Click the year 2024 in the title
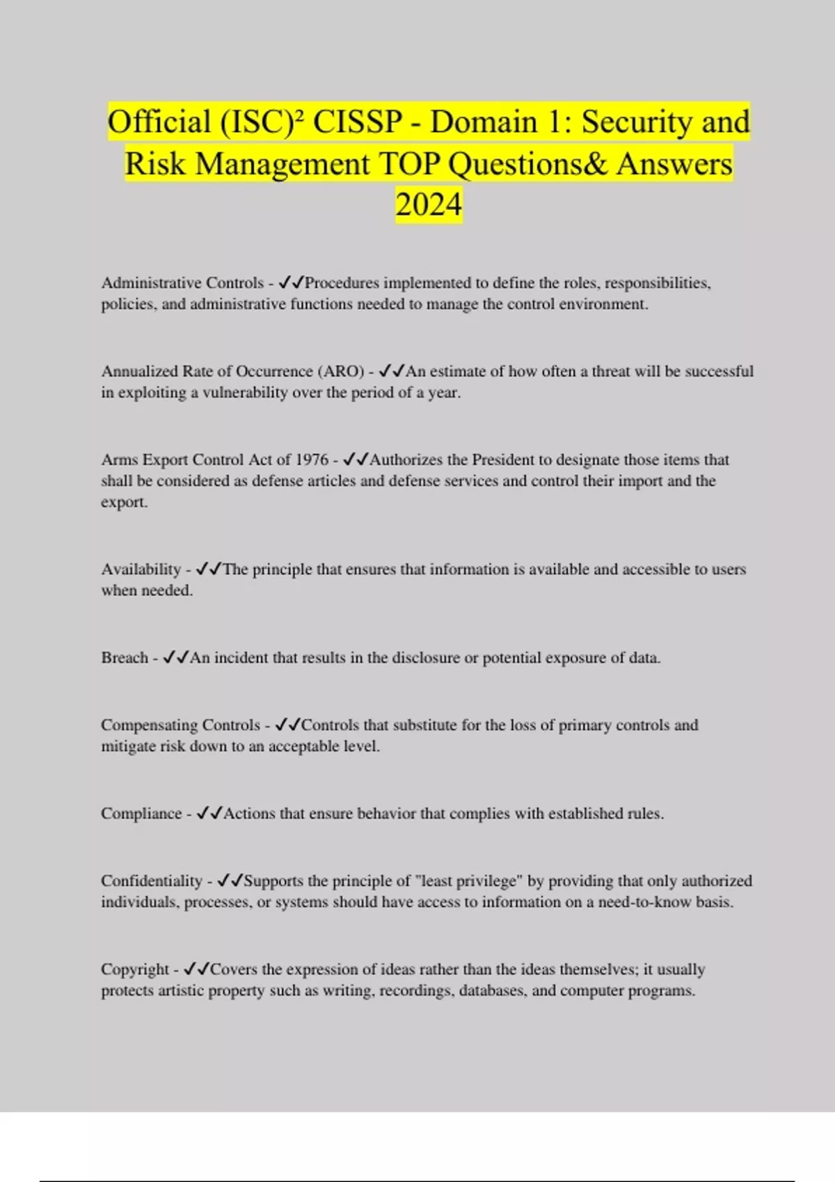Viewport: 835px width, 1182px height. (429, 205)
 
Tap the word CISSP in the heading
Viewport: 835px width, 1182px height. (357, 122)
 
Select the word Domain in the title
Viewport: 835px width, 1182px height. (483, 122)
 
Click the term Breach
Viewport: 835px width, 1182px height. (125, 658)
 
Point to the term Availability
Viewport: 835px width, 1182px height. (141, 569)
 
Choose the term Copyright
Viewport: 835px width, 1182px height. (135, 969)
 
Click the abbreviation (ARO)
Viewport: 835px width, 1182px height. (340, 371)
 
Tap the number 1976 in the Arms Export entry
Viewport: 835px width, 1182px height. (312, 460)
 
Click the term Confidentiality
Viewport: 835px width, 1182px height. (151, 881)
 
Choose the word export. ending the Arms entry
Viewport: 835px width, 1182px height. (124, 502)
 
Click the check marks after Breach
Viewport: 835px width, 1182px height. (175, 658)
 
